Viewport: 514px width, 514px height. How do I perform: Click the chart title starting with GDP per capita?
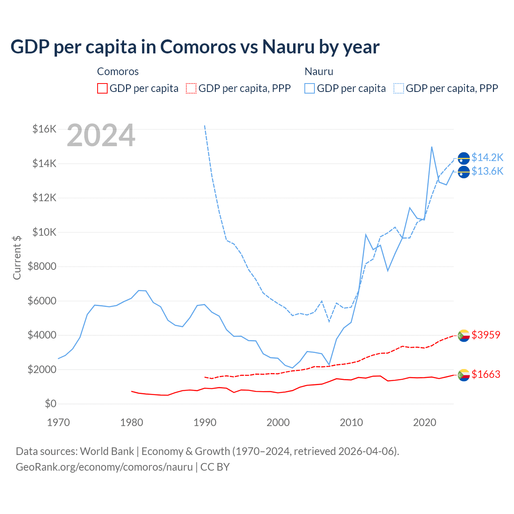[195, 47]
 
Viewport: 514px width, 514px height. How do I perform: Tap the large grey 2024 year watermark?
[101, 136]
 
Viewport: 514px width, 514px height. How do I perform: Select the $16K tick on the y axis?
[44, 129]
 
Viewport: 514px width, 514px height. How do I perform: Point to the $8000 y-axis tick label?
[42, 266]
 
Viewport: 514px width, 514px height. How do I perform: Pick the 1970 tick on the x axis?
[58, 422]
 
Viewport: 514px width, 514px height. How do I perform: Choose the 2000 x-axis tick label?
[278, 422]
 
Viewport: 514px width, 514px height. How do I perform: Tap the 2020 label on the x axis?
[424, 422]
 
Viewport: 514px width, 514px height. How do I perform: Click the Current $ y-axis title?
[17, 257]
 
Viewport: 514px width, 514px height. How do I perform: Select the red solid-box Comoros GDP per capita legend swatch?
[102, 88]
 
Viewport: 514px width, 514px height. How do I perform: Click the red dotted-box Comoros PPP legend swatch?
[191, 88]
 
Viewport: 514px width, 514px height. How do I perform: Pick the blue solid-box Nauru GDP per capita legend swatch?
[310, 88]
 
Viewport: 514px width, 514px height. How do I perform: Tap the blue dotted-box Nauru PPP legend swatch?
[399, 88]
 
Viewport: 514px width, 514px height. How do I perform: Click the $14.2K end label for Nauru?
[487, 157]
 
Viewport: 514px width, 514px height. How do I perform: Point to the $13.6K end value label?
[487, 171]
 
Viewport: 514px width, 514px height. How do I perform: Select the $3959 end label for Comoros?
[486, 335]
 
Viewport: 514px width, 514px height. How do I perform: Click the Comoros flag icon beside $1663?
[464, 375]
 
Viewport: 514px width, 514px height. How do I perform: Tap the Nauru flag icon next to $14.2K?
[464, 159]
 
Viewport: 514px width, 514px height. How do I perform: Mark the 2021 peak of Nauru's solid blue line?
[432, 147]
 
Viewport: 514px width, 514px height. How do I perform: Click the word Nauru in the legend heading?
[319, 71]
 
